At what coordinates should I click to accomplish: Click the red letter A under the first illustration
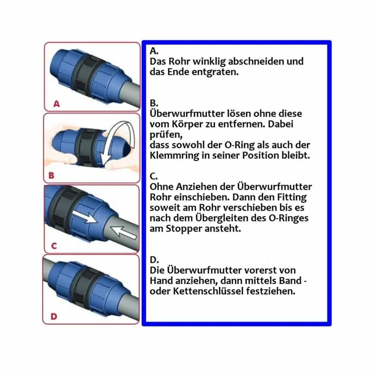[x=57, y=104]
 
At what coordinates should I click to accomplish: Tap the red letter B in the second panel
[x=51, y=176]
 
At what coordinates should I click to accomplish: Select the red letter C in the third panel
[x=54, y=246]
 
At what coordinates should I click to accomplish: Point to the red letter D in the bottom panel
[x=54, y=316]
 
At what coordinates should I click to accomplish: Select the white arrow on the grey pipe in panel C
[x=124, y=232]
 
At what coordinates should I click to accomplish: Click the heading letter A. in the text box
[x=154, y=51]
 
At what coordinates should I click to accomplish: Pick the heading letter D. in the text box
[x=154, y=260]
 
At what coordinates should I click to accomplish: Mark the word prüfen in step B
[x=166, y=135]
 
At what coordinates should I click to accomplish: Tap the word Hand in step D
[x=161, y=281]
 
